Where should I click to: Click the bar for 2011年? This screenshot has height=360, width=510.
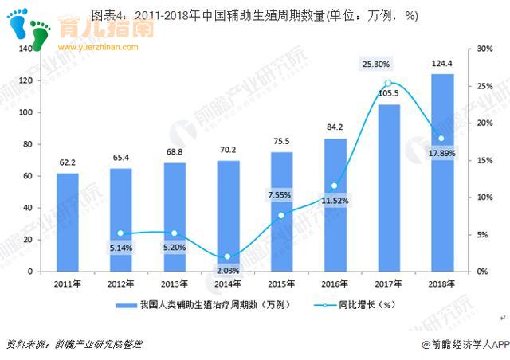point(68,222)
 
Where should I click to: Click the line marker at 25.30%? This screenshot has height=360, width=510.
point(388,84)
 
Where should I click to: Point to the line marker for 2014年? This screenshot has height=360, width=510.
point(228,256)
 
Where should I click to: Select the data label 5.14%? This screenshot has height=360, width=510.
point(121,248)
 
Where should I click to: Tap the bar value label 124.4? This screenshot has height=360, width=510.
point(442,64)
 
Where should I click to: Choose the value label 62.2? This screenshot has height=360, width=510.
point(68,163)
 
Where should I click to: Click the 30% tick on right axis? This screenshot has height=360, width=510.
point(484,49)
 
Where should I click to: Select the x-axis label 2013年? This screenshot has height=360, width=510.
point(175,284)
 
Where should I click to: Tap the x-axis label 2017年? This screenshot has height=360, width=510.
point(389,284)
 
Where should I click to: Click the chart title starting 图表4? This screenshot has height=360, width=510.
point(255,16)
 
